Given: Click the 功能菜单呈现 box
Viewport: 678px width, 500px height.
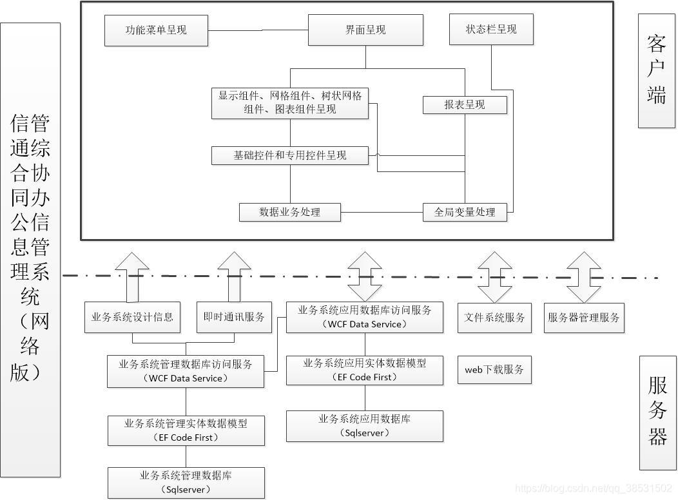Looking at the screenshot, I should tap(156, 30).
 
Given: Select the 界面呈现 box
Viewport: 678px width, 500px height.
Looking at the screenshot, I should tap(365, 30).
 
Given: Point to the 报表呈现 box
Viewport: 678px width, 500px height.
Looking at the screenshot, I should tap(465, 104).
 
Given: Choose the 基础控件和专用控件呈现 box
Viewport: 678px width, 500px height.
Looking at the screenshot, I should tap(289, 155).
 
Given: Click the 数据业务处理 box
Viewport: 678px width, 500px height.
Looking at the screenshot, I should tap(289, 212).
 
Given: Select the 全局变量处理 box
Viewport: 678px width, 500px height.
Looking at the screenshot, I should tap(465, 212).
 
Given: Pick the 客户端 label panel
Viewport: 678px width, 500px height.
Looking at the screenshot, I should tap(657, 71).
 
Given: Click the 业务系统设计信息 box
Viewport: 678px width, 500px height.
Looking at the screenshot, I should tap(133, 317).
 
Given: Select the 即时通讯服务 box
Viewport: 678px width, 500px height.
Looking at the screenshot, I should tap(234, 317).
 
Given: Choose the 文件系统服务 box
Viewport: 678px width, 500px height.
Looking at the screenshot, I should tap(494, 318).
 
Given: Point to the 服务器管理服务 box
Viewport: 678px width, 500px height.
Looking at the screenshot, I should tap(584, 318).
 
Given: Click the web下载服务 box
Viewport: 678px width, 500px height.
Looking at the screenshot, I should tap(494, 370).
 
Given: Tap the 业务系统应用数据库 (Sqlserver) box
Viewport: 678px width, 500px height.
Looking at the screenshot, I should tap(365, 426).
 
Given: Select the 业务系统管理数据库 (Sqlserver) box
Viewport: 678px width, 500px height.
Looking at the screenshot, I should tap(186, 483).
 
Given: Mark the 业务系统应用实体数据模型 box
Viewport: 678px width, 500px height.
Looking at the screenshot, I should tap(365, 370).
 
